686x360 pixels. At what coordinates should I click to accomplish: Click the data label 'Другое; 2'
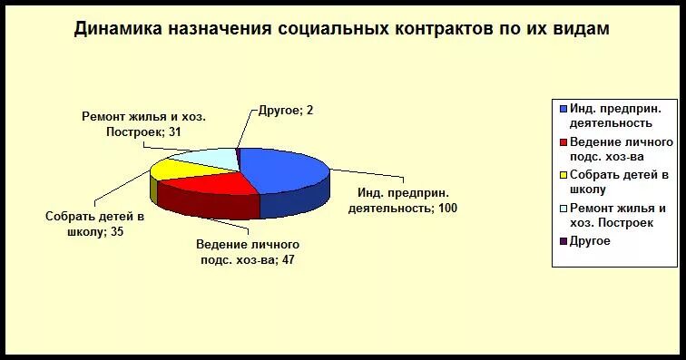coord(280,110)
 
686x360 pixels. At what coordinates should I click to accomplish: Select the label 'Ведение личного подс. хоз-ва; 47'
coord(248,252)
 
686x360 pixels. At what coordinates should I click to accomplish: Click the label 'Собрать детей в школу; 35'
coord(95,224)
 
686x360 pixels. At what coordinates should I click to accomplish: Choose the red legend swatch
coord(562,143)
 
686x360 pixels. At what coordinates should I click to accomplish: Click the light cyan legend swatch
coord(562,209)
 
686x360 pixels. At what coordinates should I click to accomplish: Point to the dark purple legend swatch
coord(562,241)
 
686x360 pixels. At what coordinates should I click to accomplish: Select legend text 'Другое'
coord(590,241)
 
